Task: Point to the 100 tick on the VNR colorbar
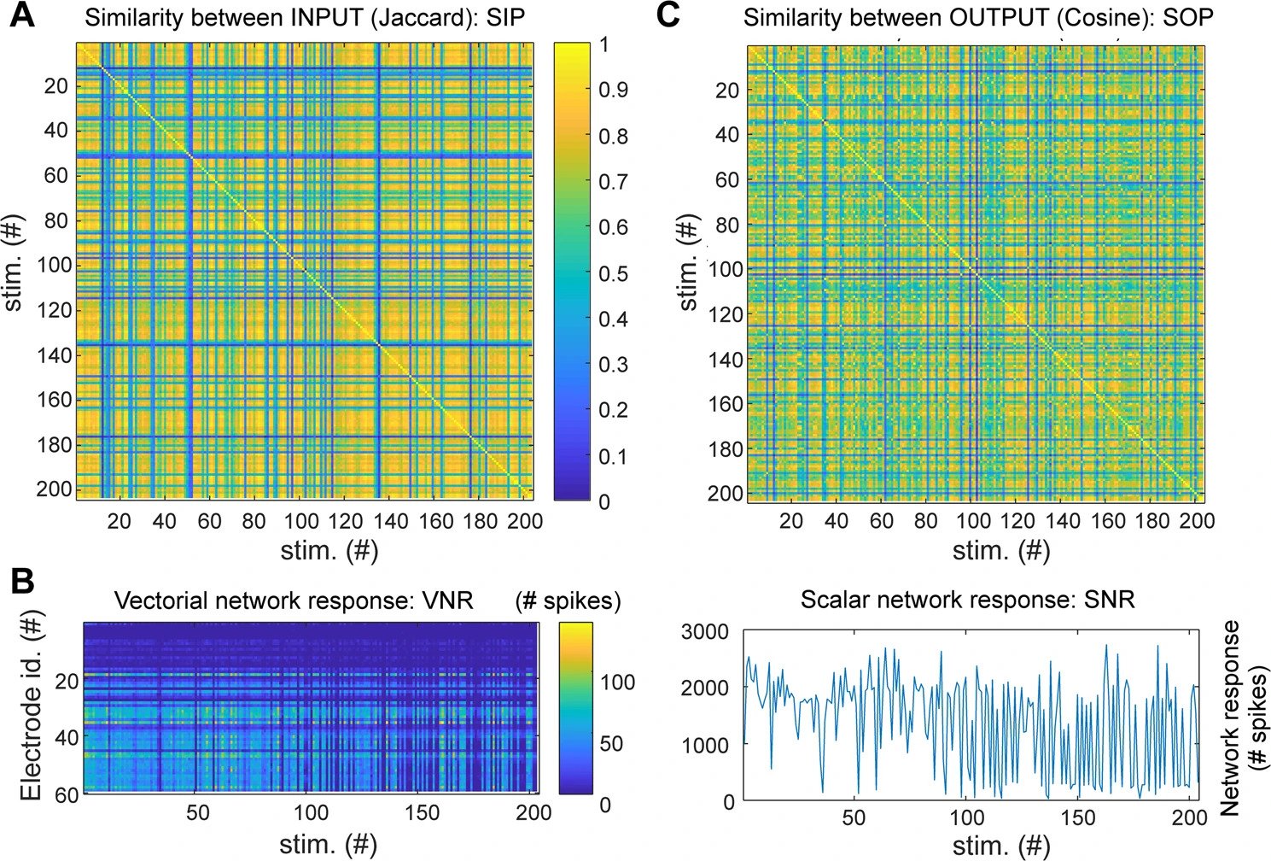point(617,682)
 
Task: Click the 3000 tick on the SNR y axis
point(705,632)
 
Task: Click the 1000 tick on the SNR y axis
point(705,745)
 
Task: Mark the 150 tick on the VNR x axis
point(423,812)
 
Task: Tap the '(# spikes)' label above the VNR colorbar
point(568,600)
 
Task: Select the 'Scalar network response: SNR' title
point(967,599)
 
